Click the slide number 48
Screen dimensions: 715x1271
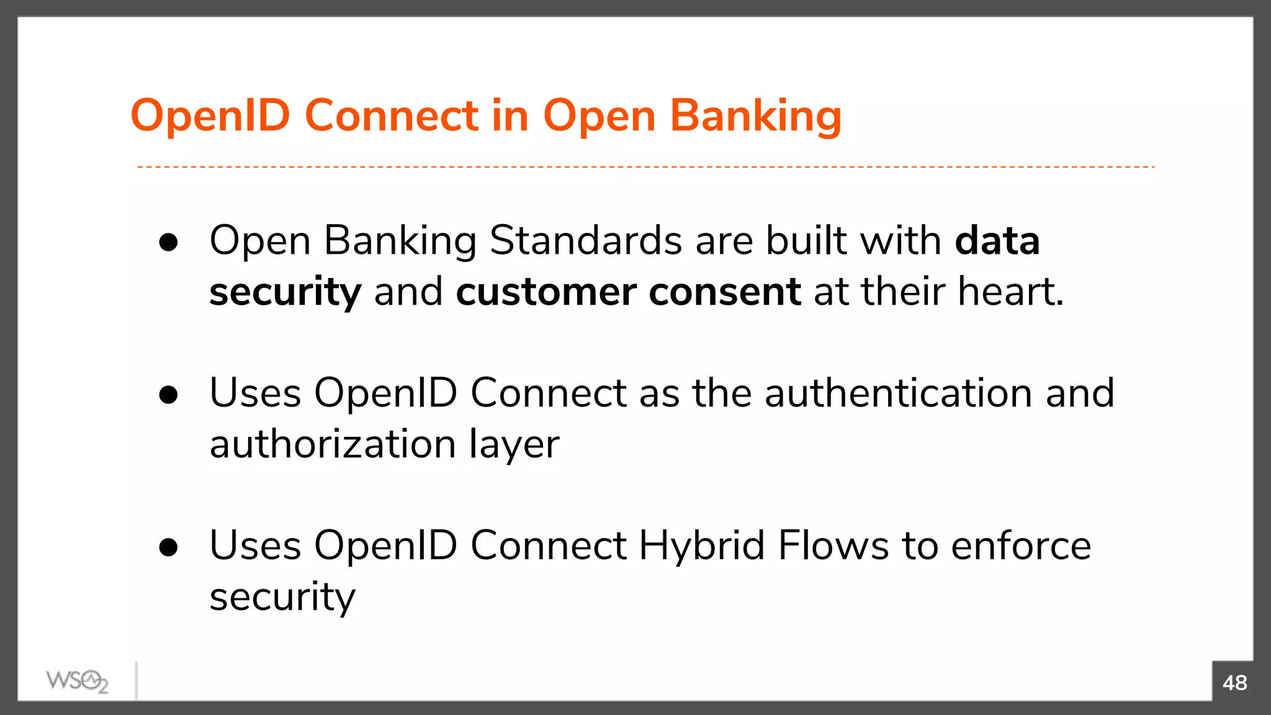pos(1234,683)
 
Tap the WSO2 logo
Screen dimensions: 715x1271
pos(78,681)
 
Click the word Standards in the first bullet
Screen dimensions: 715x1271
pos(585,240)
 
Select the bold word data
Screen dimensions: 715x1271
pos(997,240)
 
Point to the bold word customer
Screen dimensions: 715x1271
pos(546,292)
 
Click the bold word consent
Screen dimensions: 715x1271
pos(724,292)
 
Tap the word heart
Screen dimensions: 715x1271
pos(1010,292)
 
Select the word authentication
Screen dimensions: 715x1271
pos(898,393)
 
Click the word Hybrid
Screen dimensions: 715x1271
pos(701,546)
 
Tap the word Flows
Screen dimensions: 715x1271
pos(833,546)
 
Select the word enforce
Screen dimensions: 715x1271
pos(1021,546)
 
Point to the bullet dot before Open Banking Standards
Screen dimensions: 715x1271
pos(168,243)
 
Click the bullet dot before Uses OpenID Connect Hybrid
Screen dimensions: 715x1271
pos(168,548)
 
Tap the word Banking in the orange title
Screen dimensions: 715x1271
pos(756,116)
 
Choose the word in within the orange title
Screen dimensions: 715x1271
pos(510,116)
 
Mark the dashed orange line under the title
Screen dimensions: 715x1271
pos(645,167)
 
